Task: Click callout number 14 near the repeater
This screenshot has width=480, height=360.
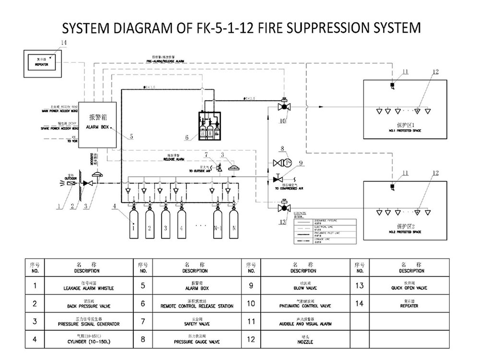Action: (64, 43)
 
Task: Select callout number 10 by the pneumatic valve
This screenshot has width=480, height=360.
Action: (283, 121)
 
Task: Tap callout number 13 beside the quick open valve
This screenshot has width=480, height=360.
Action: (282, 221)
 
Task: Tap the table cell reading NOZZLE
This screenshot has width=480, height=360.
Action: (305, 342)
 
